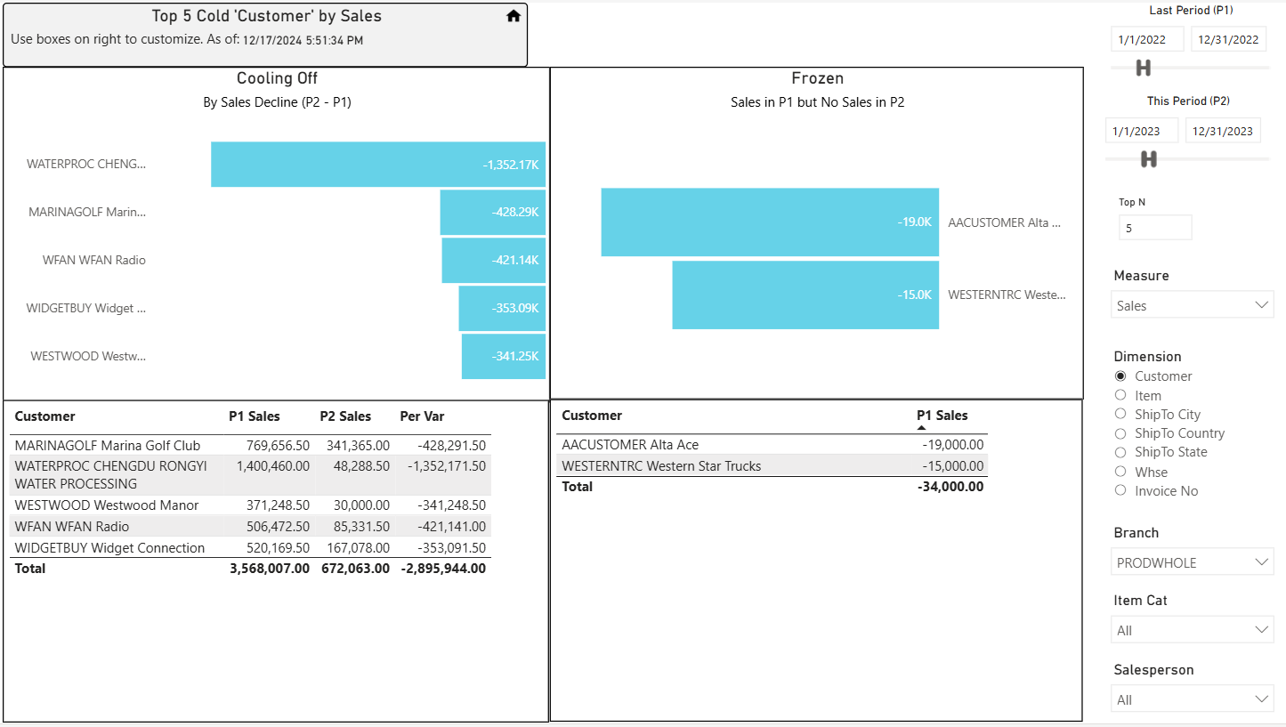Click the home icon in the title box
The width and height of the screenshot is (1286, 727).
click(x=514, y=16)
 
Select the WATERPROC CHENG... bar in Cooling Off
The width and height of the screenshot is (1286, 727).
click(x=377, y=165)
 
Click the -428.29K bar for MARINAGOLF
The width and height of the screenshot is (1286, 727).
click(x=492, y=212)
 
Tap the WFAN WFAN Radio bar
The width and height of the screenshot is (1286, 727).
click(x=493, y=260)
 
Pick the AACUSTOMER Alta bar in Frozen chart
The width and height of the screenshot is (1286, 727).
click(x=770, y=222)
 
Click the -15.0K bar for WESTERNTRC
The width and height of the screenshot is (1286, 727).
click(x=805, y=295)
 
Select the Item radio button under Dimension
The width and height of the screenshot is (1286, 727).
click(x=1120, y=395)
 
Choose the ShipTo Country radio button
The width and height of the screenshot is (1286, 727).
click(x=1120, y=433)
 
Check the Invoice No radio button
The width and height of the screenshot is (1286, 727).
click(x=1120, y=490)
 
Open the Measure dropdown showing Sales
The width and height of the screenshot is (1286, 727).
click(x=1192, y=305)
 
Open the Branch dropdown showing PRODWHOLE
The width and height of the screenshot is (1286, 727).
click(x=1192, y=562)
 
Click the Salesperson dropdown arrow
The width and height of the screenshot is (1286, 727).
click(x=1261, y=699)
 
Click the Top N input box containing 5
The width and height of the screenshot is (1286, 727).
click(x=1155, y=228)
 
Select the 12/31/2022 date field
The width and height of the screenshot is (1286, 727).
click(x=1228, y=40)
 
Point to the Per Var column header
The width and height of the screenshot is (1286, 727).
click(x=422, y=416)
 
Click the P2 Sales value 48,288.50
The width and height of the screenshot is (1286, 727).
click(x=361, y=465)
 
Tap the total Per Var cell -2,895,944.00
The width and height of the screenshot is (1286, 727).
click(x=443, y=569)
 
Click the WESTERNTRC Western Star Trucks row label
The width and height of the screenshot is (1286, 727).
click(x=661, y=465)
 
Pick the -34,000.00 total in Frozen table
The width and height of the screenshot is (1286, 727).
click(x=950, y=487)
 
